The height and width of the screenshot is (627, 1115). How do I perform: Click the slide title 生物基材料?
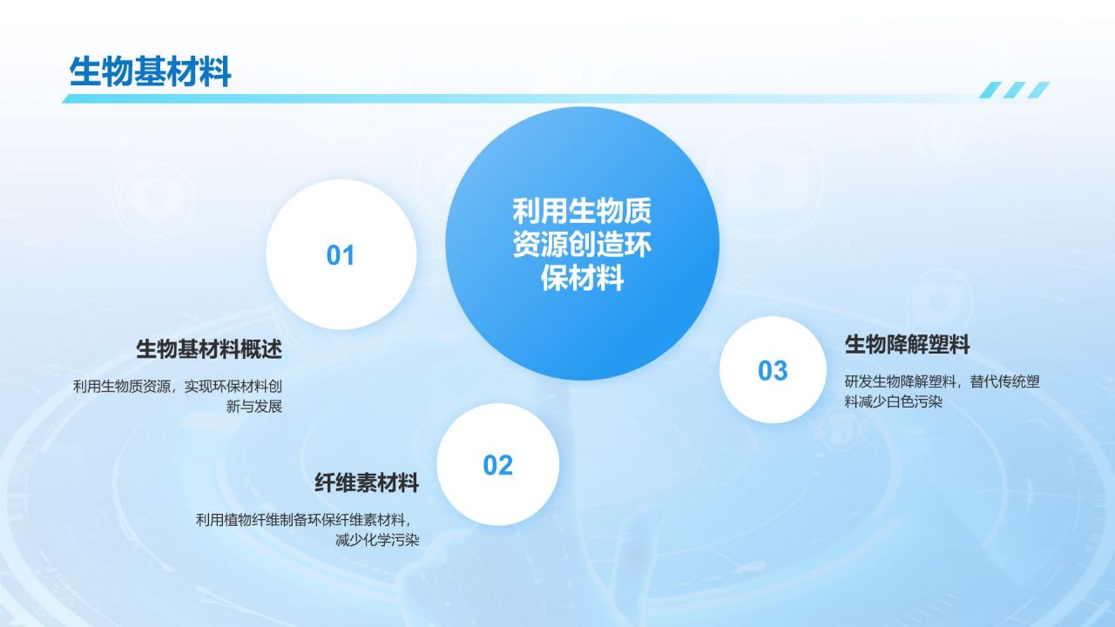point(150,72)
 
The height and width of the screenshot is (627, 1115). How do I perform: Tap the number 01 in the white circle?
point(341,255)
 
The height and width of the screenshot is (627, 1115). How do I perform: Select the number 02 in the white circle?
point(497,465)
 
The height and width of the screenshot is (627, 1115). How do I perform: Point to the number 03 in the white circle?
point(773,371)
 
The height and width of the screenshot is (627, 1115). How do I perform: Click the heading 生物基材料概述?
point(209,349)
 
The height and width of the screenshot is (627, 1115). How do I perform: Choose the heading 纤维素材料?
point(367,482)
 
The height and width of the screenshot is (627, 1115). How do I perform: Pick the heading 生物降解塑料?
point(908,344)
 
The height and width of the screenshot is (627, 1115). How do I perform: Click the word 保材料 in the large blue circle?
point(583,278)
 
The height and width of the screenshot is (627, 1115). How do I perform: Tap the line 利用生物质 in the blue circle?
point(583,211)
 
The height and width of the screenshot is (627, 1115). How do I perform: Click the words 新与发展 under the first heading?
point(254,407)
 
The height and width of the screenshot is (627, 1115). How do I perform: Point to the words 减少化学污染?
point(377,540)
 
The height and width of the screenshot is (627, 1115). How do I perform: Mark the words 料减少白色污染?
point(894,401)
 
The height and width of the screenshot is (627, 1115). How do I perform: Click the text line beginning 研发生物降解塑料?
point(943,381)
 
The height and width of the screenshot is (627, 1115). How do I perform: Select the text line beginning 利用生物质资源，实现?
point(178,386)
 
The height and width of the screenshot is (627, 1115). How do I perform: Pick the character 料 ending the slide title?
point(215,72)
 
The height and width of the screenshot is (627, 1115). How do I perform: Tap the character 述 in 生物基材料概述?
point(272,349)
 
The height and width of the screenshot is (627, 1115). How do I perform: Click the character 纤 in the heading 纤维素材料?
point(325,482)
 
